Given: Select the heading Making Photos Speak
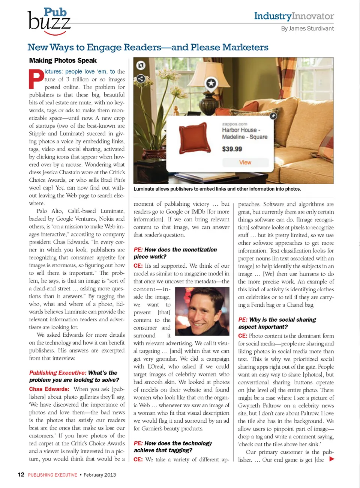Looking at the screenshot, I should (63, 60).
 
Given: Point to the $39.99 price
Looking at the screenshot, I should (232, 149).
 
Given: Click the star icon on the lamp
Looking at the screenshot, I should (211, 83).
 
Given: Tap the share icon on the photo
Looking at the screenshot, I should (141, 78).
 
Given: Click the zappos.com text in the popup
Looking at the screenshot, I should (234, 124).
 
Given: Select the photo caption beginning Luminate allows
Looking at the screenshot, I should (217, 189).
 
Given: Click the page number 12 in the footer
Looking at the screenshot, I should (21, 474).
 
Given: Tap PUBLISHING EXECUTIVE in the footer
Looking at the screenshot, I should (52, 475).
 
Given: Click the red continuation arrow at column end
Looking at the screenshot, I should (331, 459).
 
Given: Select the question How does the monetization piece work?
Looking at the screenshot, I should (175, 253).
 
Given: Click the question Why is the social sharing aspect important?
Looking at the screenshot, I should (277, 323).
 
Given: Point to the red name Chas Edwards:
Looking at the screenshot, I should (49, 389).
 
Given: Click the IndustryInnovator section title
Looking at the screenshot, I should (294, 16).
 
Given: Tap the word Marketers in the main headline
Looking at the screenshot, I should (245, 47).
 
